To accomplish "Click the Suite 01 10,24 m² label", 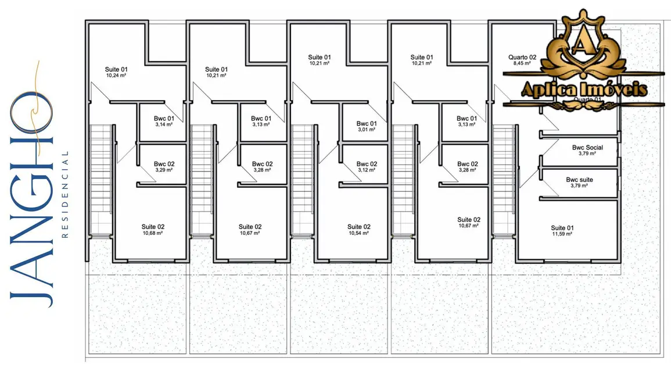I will [x=117, y=72].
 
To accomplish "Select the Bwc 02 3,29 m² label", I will [x=164, y=167].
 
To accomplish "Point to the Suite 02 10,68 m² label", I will [x=153, y=230].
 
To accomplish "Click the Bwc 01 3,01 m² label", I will [x=367, y=126].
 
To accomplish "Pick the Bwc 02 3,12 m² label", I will [x=367, y=167].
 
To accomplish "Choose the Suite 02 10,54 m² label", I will [x=358, y=230].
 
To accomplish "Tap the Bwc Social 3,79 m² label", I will [x=587, y=151].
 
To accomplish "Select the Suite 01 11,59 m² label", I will [x=562, y=230].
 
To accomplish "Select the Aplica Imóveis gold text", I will [x=584, y=90].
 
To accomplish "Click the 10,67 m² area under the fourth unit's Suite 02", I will [x=468, y=226].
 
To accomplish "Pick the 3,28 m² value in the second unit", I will [x=262, y=170].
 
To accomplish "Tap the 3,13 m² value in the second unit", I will [x=261, y=124].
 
